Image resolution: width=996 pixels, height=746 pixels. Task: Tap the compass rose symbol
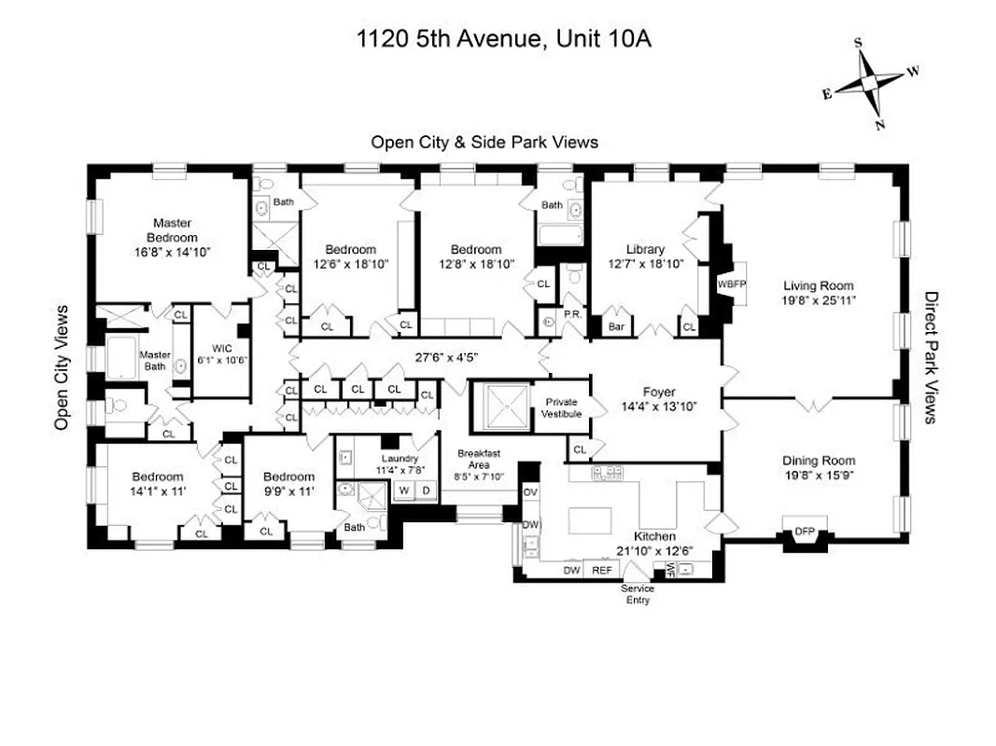[869, 82]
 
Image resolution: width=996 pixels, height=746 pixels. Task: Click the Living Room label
[818, 286]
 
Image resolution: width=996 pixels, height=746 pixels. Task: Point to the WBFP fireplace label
[730, 283]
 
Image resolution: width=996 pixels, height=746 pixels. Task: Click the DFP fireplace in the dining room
[804, 531]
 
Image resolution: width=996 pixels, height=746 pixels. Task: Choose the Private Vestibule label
[563, 408]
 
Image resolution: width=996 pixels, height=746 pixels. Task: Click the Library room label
[645, 249]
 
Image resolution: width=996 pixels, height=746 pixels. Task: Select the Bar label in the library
[616, 327]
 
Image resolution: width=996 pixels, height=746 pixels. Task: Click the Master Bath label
[155, 360]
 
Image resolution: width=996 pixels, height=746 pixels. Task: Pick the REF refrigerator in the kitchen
[602, 570]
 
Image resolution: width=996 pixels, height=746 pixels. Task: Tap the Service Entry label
[638, 594]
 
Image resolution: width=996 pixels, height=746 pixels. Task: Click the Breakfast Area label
[478, 459]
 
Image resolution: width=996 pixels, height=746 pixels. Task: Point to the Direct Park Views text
[931, 357]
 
